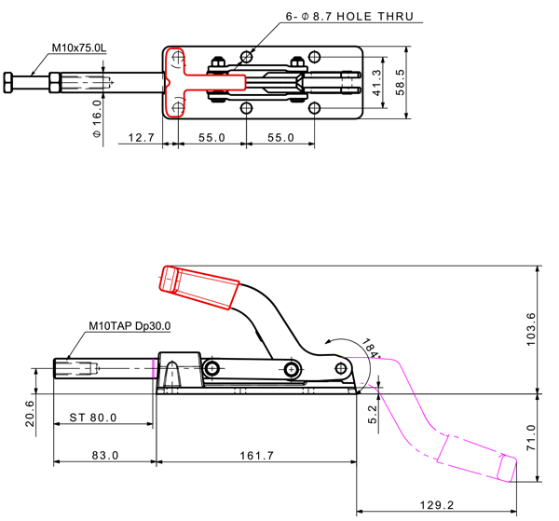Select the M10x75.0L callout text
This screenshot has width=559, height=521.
pos(80,47)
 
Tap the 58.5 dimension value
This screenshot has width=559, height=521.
pos(401,82)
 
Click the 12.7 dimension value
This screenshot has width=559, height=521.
pos(141,137)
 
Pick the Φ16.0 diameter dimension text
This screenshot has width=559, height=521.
pos(98,118)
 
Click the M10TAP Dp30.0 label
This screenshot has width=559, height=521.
pos(130,326)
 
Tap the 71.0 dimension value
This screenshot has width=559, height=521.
pos(531,436)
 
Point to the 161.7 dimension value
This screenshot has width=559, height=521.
pos(256,455)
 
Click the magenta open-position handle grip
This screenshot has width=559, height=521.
pos(479,458)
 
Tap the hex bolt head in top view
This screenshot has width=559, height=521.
pos(9,82)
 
